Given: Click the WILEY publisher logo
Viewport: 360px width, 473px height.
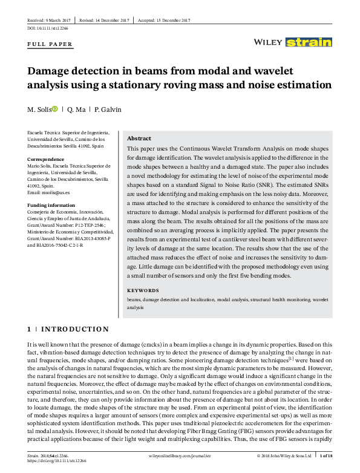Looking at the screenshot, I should click(x=266, y=42).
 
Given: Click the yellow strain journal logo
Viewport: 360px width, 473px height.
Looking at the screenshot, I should click(x=309, y=42).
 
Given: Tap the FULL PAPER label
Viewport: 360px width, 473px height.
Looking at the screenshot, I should click(x=50, y=44).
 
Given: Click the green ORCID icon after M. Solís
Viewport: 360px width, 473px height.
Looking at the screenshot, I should click(x=55, y=109).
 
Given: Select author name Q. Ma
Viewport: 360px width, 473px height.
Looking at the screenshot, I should click(x=76, y=109).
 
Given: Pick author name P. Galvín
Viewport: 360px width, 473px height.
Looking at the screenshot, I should click(x=109, y=109).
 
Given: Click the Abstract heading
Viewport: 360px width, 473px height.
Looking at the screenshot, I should click(x=139, y=138).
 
